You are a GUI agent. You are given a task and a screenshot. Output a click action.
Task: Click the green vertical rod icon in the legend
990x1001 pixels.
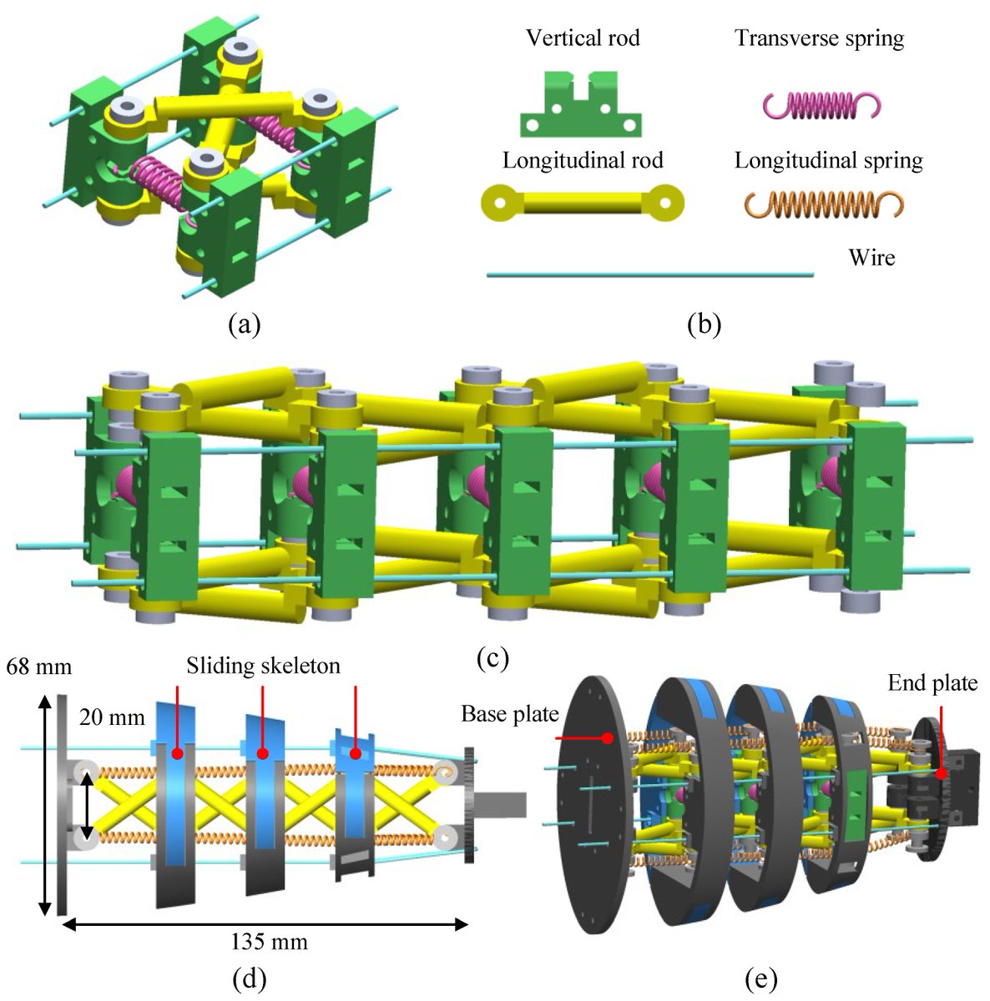click(582, 105)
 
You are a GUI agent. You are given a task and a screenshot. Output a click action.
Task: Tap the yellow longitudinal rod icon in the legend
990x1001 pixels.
click(583, 202)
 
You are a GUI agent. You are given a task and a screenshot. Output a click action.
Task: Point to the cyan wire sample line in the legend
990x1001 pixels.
click(649, 274)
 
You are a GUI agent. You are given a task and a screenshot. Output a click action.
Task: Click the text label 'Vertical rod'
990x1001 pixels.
click(583, 38)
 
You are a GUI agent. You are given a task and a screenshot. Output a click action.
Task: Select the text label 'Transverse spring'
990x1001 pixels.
click(819, 38)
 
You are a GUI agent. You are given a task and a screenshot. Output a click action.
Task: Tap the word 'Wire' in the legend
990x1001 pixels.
click(871, 257)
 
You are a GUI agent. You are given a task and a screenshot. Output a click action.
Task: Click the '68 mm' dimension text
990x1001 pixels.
click(38, 667)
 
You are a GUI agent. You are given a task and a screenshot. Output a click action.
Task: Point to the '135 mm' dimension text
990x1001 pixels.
click(269, 943)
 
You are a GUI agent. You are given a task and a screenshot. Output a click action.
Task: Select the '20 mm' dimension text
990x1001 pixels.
click(112, 717)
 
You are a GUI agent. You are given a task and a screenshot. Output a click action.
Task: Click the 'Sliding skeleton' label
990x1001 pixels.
click(263, 666)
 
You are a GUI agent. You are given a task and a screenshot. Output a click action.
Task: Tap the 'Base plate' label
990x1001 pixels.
click(509, 715)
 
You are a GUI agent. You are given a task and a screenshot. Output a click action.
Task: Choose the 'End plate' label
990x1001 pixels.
click(932, 683)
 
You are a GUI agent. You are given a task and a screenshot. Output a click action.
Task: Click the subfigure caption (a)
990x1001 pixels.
click(245, 324)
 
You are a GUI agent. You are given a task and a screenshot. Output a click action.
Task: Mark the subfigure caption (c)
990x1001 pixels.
click(493, 658)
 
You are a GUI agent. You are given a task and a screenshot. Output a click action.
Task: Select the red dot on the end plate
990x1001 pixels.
click(941, 773)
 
